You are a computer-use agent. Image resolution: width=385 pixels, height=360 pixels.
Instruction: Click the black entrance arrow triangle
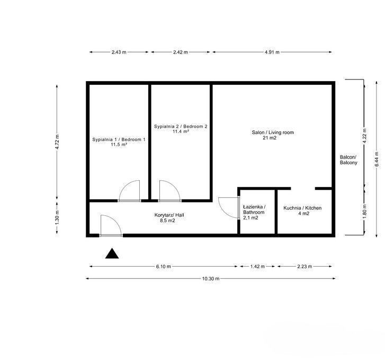point(112,254)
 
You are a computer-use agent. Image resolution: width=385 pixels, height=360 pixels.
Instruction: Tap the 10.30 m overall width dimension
point(211,278)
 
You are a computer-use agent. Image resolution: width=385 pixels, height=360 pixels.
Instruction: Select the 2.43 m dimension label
point(119,52)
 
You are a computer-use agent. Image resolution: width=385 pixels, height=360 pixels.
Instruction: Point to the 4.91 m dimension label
point(272,52)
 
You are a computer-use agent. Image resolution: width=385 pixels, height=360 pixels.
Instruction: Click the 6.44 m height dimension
point(377,159)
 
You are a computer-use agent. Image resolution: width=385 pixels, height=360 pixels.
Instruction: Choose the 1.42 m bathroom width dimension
point(257,266)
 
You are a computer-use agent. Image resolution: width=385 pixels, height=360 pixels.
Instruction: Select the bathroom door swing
point(228,208)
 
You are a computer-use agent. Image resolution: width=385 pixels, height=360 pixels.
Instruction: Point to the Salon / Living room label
point(273,133)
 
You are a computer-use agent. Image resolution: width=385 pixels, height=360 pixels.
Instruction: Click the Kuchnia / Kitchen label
point(302,208)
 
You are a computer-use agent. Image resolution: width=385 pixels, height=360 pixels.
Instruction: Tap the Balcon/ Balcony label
point(348,160)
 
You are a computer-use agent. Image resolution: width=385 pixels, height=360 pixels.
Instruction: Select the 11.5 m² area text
point(119,145)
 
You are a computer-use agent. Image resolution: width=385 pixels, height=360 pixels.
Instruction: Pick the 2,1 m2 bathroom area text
point(250,218)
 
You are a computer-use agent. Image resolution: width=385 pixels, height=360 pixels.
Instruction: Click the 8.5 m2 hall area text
point(167,221)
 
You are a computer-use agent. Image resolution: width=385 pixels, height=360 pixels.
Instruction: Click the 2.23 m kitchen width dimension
point(305,266)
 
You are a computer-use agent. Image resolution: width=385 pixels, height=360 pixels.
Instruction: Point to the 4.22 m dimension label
point(365,136)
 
